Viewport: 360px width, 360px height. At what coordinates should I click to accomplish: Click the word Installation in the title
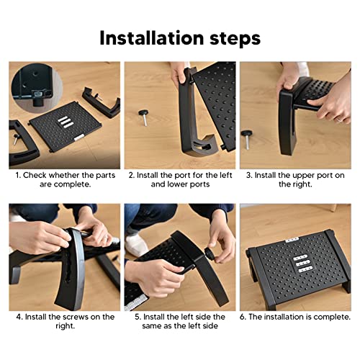152,38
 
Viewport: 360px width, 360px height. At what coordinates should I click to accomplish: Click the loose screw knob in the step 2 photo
144,117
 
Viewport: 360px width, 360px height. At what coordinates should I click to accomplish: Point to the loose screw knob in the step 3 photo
248,139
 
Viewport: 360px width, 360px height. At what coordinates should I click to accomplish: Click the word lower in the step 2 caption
177,184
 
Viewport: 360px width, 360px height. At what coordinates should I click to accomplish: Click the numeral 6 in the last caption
243,317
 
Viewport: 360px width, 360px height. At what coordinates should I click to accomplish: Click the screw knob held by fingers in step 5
210,254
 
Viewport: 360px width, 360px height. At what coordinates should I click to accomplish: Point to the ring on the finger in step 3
339,120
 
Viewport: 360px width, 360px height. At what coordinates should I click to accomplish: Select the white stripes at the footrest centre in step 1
66,122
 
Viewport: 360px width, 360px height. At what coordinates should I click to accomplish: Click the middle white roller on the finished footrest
303,264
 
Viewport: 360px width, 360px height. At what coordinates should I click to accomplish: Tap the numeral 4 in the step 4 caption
19,317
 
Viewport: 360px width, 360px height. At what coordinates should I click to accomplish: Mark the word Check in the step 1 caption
35,175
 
